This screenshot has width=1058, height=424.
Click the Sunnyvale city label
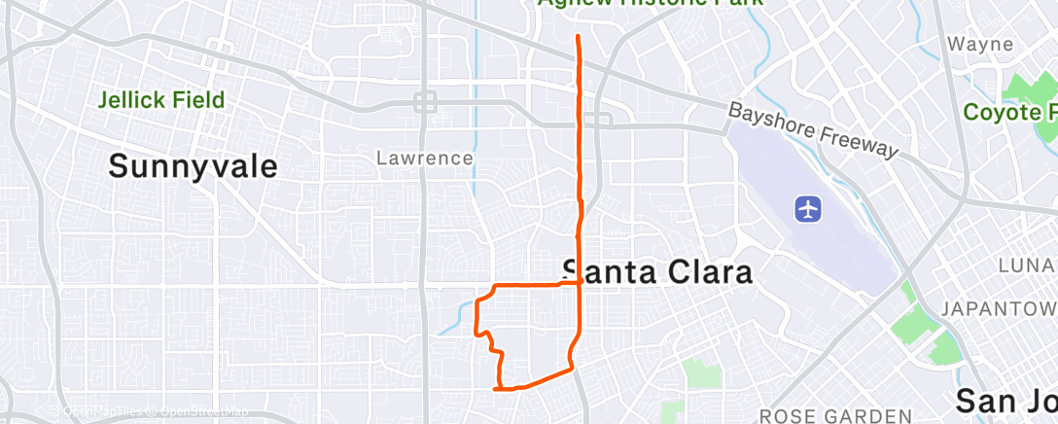193,165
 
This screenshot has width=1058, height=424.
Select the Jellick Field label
161,99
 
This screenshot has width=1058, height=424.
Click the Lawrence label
426,158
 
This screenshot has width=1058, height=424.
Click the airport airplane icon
808,208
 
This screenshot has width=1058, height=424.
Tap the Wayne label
980,45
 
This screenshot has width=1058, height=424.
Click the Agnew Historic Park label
652,4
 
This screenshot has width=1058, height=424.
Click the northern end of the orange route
579,36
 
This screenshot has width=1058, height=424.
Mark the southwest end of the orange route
496,389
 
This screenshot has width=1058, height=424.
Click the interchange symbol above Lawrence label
425,101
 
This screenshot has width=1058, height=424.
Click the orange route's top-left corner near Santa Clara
497,286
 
